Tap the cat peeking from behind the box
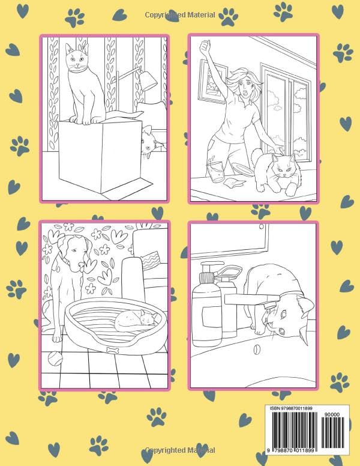pyautogui.click(x=149, y=144)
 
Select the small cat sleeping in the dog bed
pyautogui.click(x=133, y=321)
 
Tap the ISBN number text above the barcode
pyautogui.click(x=290, y=408)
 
